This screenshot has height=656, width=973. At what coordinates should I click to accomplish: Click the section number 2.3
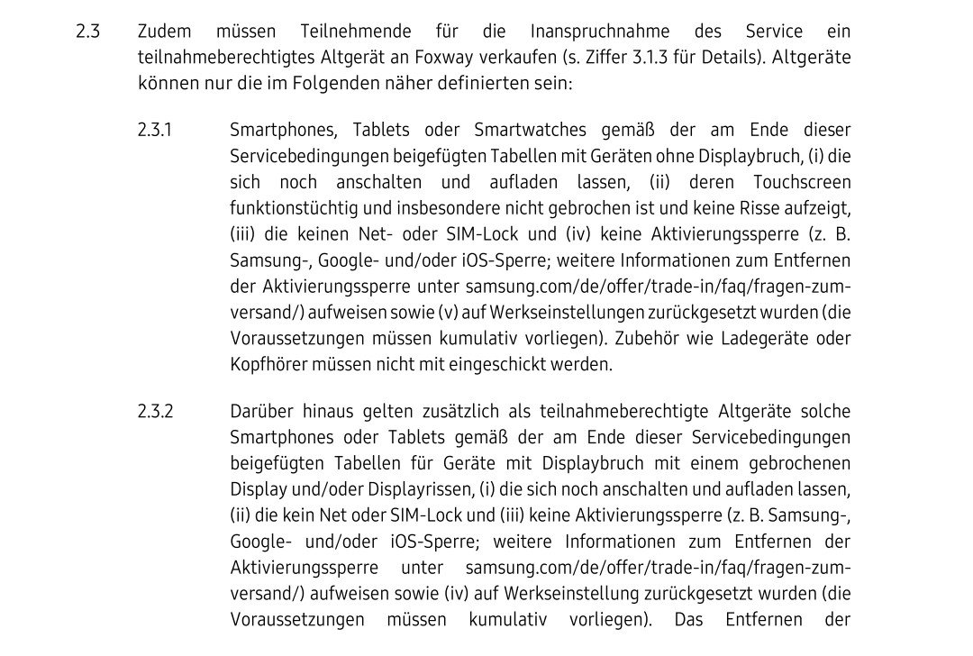click(87, 32)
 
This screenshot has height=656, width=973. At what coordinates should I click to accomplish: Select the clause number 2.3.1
click(155, 130)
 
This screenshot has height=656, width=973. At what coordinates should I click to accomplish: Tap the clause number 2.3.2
click(155, 412)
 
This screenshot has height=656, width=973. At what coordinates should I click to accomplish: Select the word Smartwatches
click(531, 130)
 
